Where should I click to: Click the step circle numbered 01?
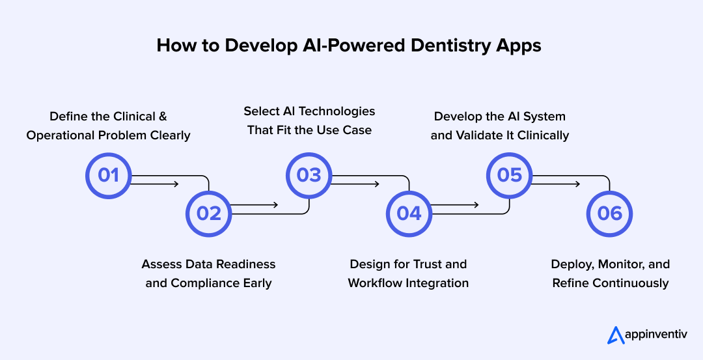click(109, 175)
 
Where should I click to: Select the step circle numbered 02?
click(209, 214)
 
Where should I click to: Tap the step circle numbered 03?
click(309, 175)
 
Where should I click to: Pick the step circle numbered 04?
click(409, 214)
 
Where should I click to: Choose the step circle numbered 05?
click(510, 175)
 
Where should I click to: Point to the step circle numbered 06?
click(610, 214)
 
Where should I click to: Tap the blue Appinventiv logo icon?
click(616, 335)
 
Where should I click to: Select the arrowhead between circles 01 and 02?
click(175, 184)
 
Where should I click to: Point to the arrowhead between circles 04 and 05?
click(476, 204)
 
